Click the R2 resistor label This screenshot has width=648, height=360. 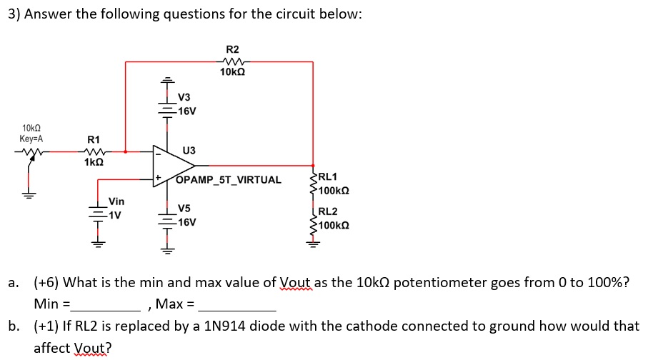point(232,49)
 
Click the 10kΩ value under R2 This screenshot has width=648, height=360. point(234,72)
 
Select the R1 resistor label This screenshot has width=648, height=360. point(94,139)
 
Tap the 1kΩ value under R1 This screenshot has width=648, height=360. point(94,162)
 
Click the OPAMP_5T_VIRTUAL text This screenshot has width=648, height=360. point(229,179)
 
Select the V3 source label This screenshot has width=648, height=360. point(184,97)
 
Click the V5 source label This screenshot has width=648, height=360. point(184,209)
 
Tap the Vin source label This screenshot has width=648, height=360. point(116,202)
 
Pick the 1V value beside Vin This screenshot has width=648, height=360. point(114,214)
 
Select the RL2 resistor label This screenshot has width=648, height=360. point(329,211)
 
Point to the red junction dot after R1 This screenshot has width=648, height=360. point(126,151)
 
